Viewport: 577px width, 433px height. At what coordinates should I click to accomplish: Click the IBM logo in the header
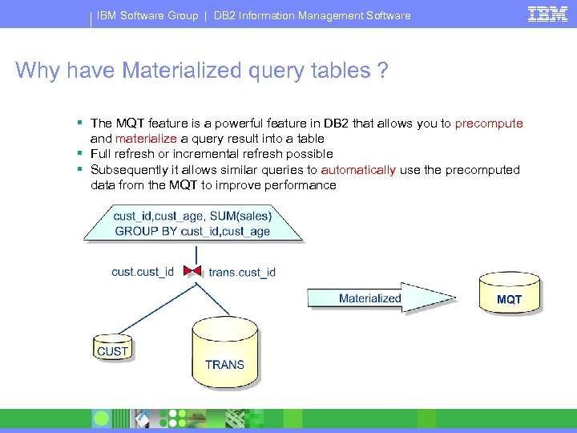coord(548,14)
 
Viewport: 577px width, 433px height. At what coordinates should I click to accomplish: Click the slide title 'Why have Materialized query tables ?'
coord(202,71)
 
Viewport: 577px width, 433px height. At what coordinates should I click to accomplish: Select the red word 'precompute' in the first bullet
coord(488,123)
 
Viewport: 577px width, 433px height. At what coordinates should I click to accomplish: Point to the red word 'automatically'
coord(358,170)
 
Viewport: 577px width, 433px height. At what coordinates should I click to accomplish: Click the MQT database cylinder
coord(509,292)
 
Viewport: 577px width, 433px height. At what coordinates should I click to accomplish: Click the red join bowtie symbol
coord(192,271)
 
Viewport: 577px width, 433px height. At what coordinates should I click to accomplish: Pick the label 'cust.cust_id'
coord(143,272)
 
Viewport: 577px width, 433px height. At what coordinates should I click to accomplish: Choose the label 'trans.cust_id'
coord(242,273)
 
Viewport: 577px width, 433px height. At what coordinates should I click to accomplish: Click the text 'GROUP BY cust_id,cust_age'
coord(192,231)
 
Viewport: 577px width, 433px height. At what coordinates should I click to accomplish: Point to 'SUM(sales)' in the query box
coord(241,215)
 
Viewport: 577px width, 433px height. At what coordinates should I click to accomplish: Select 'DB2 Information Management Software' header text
coord(312,15)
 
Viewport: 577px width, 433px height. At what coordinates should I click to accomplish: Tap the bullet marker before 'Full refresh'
coord(81,153)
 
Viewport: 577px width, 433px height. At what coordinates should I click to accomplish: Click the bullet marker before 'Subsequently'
coord(81,169)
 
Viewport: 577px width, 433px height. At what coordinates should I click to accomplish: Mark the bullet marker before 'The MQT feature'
coord(81,123)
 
